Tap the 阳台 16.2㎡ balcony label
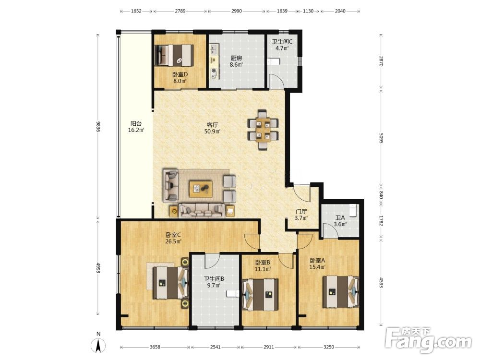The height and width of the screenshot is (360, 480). coord(136,127)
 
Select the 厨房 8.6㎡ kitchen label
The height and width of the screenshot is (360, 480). coord(236,61)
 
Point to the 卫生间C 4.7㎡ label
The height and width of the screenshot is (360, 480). coord(282,44)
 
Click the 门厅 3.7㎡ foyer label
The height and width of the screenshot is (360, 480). coord(301,215)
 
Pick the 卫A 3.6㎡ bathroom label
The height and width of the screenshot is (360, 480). coord(340,221)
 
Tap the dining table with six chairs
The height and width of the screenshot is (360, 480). coord(263,130)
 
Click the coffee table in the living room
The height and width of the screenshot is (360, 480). coord(201,189)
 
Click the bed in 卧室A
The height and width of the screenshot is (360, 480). coord(341,292)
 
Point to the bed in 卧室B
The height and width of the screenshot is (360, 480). coord(261,295)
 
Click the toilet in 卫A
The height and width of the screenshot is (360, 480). coord(354,210)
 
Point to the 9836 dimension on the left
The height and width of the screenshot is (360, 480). coord(98,126)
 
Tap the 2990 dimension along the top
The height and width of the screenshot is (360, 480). coord(236,11)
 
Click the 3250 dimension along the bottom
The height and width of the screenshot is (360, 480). coord(328,347)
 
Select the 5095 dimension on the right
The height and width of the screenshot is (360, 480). coord(381,138)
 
